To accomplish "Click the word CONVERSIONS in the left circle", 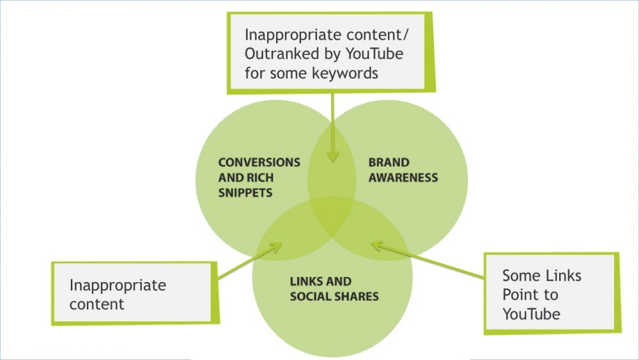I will [x=259, y=162].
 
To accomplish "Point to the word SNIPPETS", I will [x=245, y=192].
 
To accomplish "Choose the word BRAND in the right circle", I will [x=389, y=162].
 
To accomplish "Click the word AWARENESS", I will [x=403, y=177].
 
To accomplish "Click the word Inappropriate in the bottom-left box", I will [x=118, y=285].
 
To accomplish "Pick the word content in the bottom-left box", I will [x=96, y=304].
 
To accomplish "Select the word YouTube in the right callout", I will [x=531, y=314].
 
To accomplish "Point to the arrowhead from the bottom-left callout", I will [x=276, y=246].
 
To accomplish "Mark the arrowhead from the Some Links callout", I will [x=376, y=244].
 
